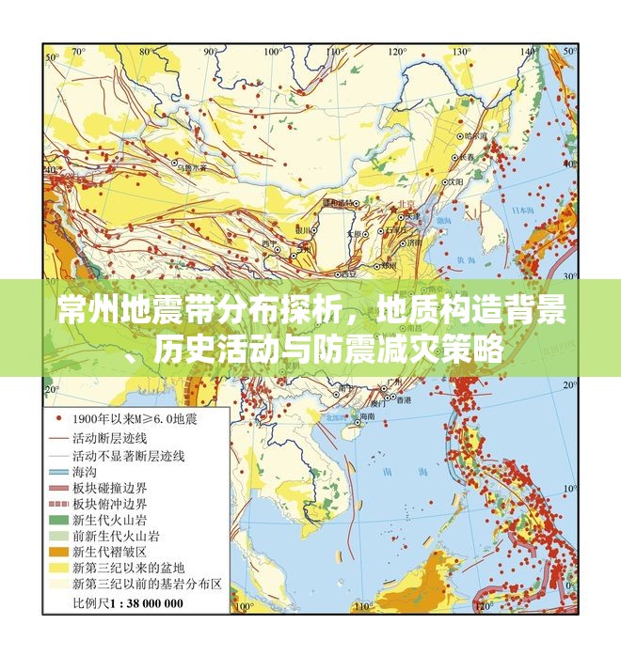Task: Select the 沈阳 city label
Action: tap(455, 181)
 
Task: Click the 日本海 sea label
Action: tap(516, 211)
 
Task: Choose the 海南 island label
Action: tap(364, 415)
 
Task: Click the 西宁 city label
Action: tap(271, 244)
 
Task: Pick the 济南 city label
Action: tap(413, 242)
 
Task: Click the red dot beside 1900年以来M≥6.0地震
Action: tap(59, 417)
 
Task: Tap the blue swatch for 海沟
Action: tap(59, 472)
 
